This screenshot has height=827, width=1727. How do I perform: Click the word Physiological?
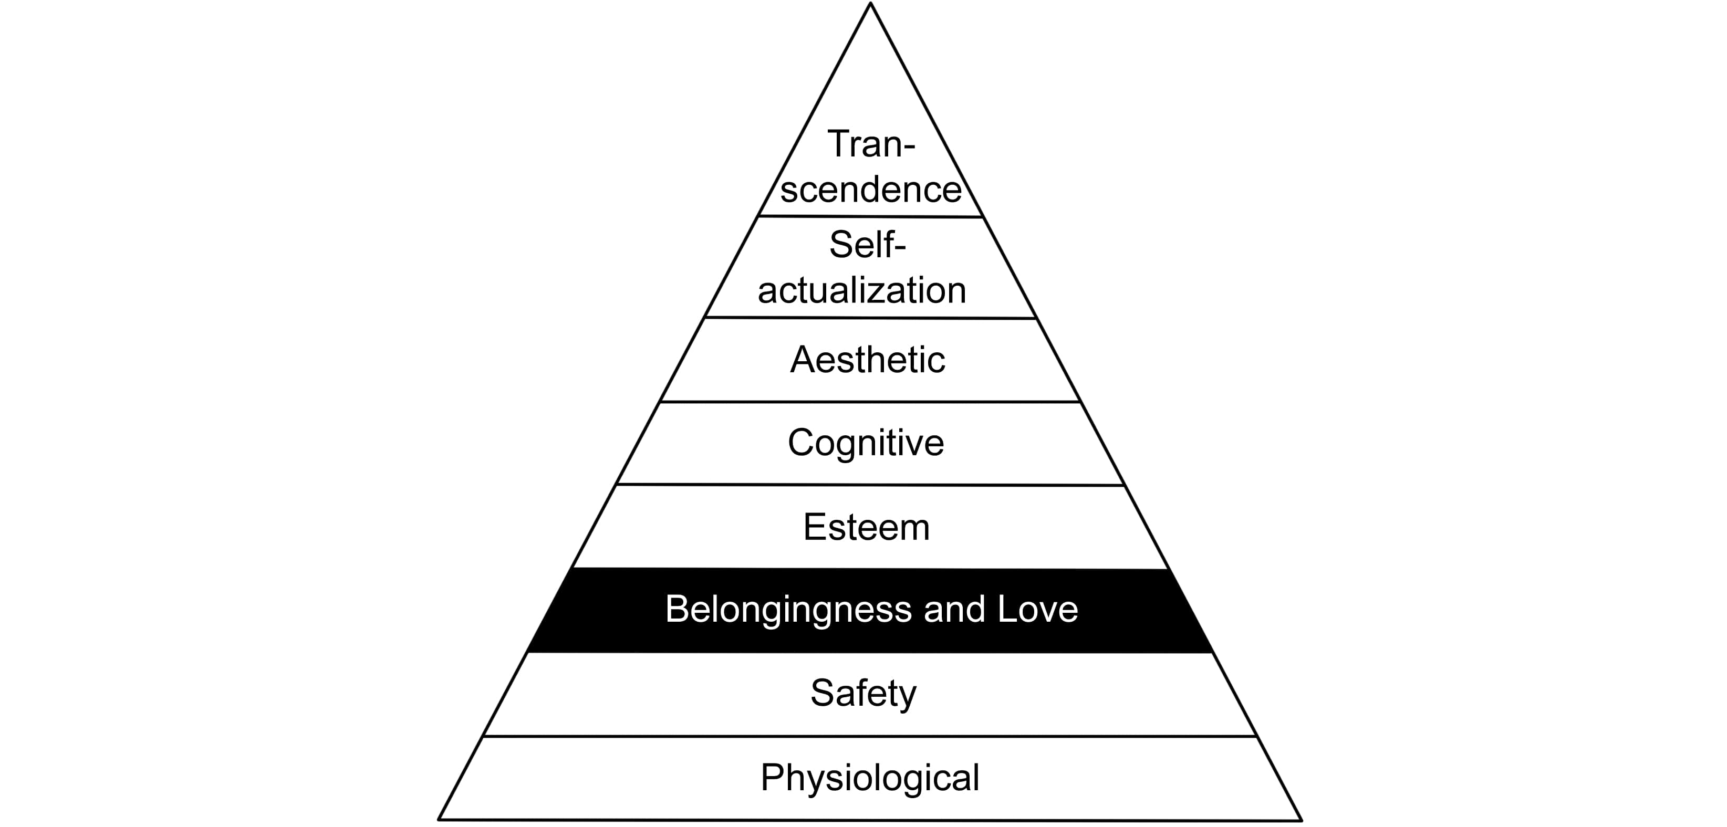(x=869, y=778)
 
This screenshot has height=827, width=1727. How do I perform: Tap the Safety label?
(x=863, y=693)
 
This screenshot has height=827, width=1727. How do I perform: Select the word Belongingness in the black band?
(x=788, y=609)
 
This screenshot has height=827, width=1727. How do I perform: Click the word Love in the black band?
(x=1037, y=609)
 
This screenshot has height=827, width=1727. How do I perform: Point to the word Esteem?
(x=866, y=527)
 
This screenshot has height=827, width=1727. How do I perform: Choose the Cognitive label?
(x=866, y=443)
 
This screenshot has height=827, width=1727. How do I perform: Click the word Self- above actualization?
(x=868, y=245)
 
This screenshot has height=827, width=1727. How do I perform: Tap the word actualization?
(x=862, y=290)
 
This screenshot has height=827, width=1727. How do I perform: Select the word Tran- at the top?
(x=871, y=143)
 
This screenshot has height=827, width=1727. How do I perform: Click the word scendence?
(x=871, y=189)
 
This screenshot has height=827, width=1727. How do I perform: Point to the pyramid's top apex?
(x=870, y=4)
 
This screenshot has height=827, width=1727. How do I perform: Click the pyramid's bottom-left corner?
(x=439, y=818)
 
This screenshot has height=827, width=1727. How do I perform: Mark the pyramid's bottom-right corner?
(x=1301, y=820)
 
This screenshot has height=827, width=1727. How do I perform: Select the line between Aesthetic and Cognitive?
(x=869, y=402)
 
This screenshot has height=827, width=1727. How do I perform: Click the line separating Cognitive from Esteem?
(x=869, y=485)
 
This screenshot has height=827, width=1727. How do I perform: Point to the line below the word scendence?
(x=870, y=216)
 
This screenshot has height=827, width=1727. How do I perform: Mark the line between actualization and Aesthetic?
(x=870, y=318)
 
